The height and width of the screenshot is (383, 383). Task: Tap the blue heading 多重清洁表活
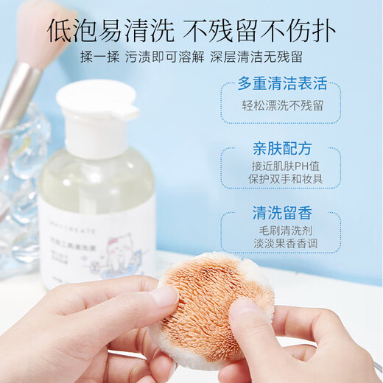coord(282,83)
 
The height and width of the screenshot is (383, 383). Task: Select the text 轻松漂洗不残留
coord(282,105)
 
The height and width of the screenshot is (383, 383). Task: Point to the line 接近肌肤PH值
coord(282,166)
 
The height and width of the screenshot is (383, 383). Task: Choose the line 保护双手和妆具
coord(282,180)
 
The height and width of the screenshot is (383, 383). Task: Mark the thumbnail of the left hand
coord(164,295)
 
